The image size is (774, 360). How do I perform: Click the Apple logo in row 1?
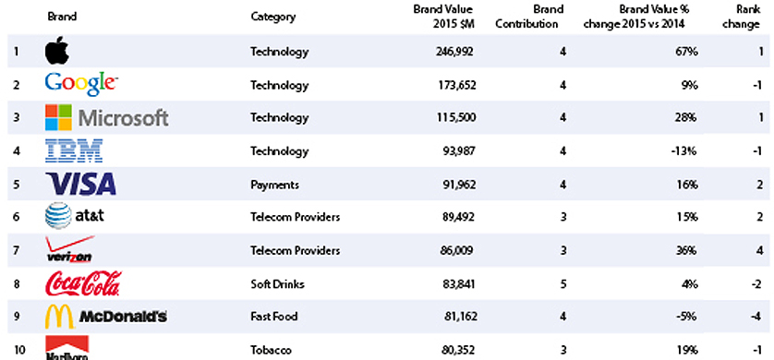coord(56,50)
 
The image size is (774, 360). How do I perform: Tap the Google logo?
coord(81,84)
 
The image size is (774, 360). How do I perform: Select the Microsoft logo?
coord(106,117)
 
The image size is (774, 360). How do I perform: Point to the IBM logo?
coord(74,150)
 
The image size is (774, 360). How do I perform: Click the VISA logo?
coord(80,184)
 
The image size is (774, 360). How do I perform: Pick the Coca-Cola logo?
coord(83,283)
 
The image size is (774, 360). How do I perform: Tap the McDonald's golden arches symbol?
coord(59,316)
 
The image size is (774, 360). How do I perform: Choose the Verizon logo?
coord(69,249)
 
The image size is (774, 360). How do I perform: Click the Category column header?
coord(273,17)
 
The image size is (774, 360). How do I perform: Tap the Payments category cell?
coord(274,185)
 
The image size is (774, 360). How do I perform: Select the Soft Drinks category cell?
coord(277,284)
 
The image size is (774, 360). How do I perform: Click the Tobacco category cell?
coord(271,351)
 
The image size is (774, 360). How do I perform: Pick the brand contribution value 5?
coord(562,284)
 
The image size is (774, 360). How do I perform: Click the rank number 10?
coord(19,351)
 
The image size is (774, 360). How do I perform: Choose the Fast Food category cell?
coord(274,316)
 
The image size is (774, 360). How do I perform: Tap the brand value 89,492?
coord(456,217)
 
